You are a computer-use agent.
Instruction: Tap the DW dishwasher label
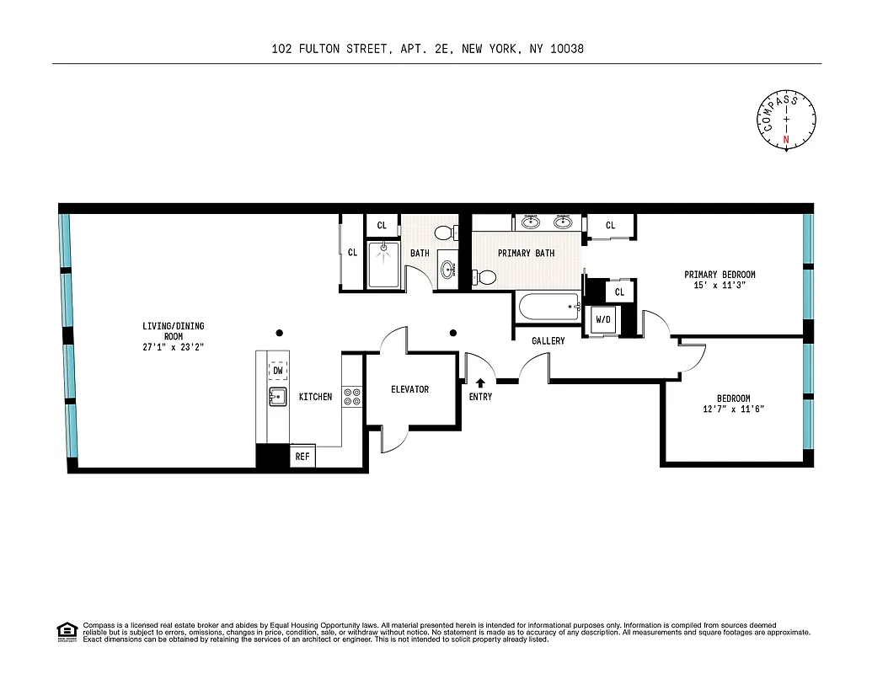coord(278,371)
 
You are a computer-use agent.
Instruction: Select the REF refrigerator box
coord(302,457)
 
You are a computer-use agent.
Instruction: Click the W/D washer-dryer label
coord(603,320)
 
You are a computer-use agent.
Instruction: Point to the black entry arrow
coord(481,384)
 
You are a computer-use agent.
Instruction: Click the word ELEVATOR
coord(409,389)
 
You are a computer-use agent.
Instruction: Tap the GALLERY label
coord(548,341)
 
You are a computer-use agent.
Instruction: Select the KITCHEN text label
coord(315,397)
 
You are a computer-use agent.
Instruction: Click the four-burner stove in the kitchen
coord(352,396)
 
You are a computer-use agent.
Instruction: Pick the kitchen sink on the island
coord(277,396)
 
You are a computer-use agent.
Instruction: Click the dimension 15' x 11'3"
coord(719,286)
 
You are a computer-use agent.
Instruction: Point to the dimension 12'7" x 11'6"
coord(733,409)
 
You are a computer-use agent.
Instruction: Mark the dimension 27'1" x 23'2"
coord(173,346)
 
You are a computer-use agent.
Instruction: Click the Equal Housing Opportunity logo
coord(66,631)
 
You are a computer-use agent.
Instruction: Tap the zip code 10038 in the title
coord(566,49)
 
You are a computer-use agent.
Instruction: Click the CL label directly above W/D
coord(619,292)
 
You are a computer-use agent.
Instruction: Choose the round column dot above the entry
coord(453,332)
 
